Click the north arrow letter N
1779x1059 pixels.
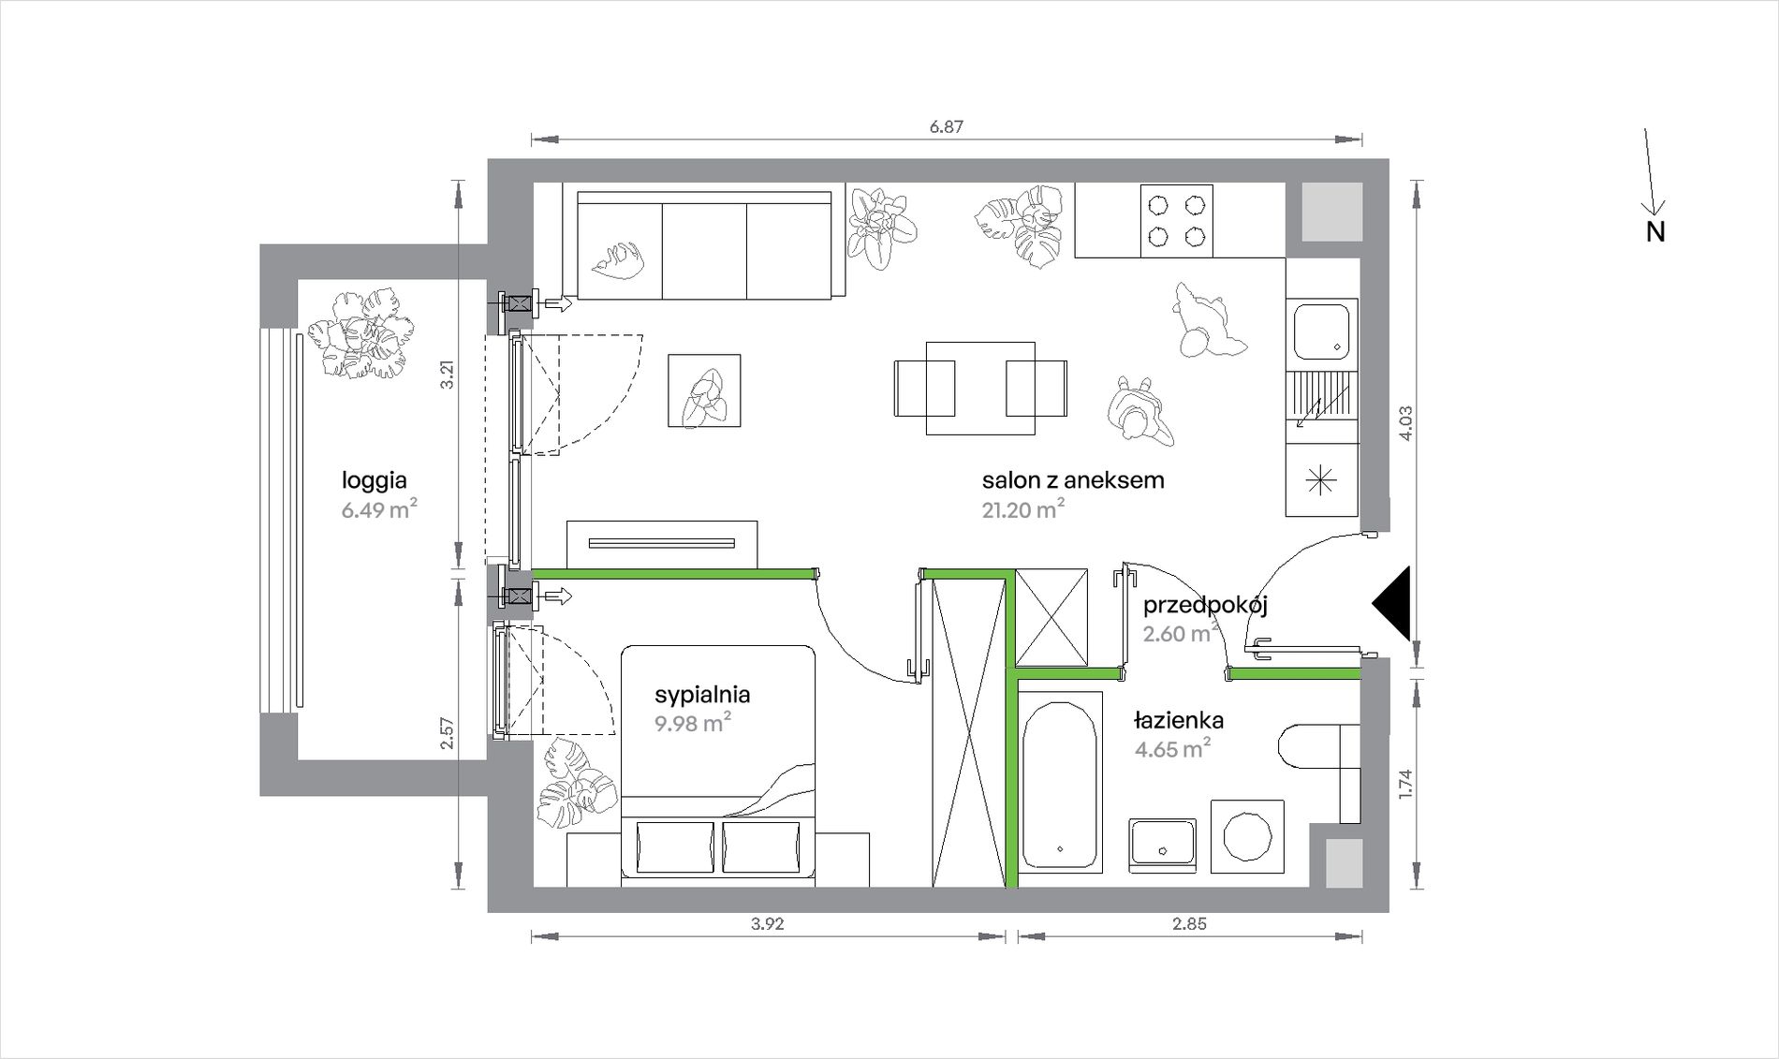click(x=1655, y=231)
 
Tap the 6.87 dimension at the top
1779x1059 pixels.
click(x=947, y=126)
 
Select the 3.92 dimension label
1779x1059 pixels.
click(x=767, y=924)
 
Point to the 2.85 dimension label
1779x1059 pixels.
click(x=1189, y=924)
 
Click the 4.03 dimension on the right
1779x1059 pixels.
click(x=1405, y=423)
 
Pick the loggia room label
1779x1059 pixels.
click(x=375, y=481)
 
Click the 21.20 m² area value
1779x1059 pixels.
click(x=1023, y=509)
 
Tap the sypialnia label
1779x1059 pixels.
click(x=702, y=695)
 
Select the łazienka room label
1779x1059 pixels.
click(x=1179, y=720)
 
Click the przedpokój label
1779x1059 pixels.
click(x=1205, y=606)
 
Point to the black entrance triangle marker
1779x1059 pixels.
click(x=1392, y=604)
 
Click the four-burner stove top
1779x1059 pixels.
click(x=1177, y=220)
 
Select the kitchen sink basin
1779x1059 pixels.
click(x=1322, y=331)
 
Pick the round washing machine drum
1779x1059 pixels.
click(x=1246, y=835)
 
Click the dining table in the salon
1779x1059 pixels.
click(x=980, y=388)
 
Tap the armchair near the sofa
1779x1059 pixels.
click(x=704, y=390)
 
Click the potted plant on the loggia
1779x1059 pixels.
click(x=362, y=334)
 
